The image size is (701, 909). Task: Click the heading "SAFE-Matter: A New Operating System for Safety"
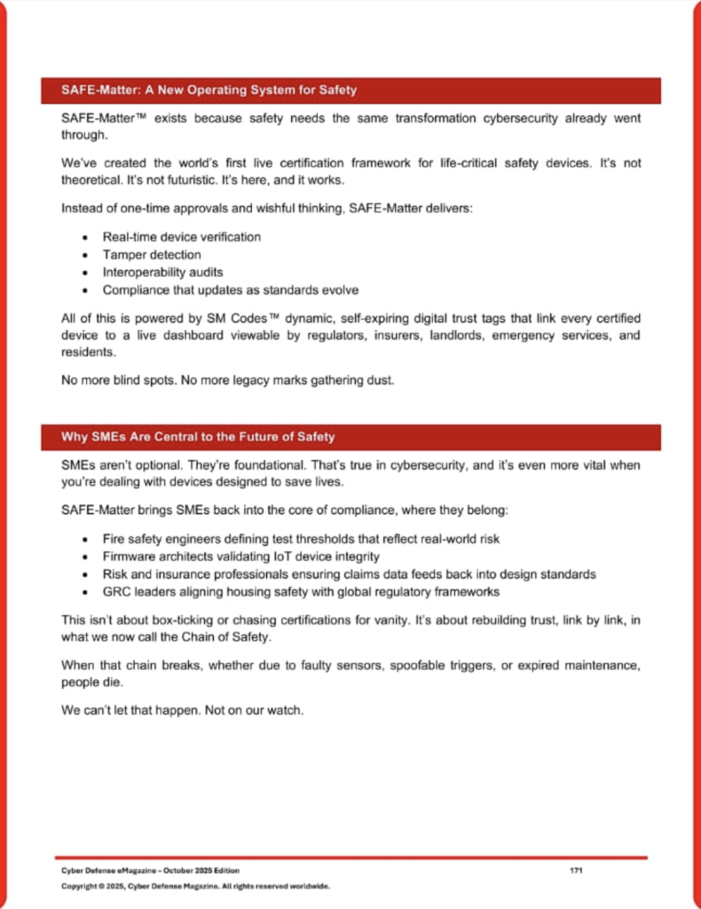coord(209,91)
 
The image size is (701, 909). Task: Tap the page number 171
coord(575,871)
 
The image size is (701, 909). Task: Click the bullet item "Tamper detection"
coord(152,255)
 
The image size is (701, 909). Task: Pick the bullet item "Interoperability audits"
coord(161,273)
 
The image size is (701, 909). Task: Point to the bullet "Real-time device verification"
coord(182,238)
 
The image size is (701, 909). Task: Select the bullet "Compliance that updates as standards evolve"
coord(230,290)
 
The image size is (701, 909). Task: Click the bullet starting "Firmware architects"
coord(240,557)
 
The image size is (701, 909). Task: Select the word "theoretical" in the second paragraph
coord(92,181)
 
